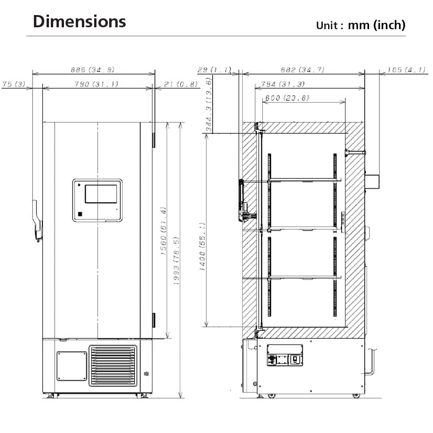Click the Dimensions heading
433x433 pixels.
tap(79, 22)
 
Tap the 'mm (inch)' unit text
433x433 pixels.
tap(377, 25)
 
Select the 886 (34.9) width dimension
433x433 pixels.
tap(93, 70)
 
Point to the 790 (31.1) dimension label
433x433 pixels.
tap(96, 84)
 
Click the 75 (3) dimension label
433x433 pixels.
tap(14, 84)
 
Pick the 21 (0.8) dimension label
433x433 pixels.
tap(181, 84)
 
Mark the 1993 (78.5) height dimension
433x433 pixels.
tap(176, 261)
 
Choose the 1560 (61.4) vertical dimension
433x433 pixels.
tap(163, 231)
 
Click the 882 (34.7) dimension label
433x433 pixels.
tap(303, 70)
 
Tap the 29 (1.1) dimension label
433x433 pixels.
tap(214, 70)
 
